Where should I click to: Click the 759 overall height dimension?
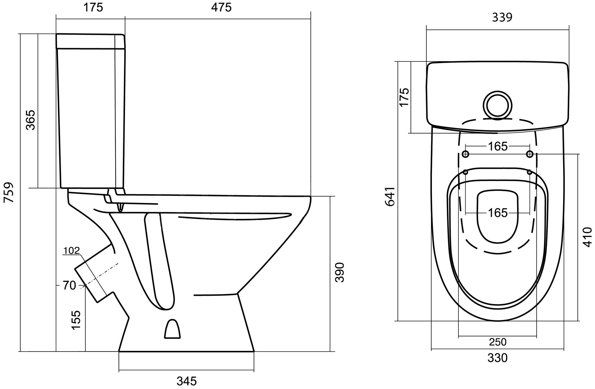[x=9, y=192]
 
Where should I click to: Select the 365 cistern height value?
[x=30, y=120]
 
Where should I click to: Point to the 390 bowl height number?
[x=339, y=272]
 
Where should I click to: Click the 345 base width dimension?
[x=187, y=381]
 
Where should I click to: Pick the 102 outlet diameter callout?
[x=72, y=251]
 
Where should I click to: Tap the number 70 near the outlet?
[x=69, y=286]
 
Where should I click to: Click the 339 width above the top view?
[x=502, y=18]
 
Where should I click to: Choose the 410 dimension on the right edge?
[x=587, y=237]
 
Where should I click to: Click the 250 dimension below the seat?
[x=498, y=342]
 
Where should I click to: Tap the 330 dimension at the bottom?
[x=497, y=358]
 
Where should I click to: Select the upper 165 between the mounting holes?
[x=498, y=146]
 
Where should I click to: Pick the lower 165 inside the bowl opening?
[x=498, y=213]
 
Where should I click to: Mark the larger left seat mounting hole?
[x=466, y=154]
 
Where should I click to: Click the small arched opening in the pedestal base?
[x=172, y=329]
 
